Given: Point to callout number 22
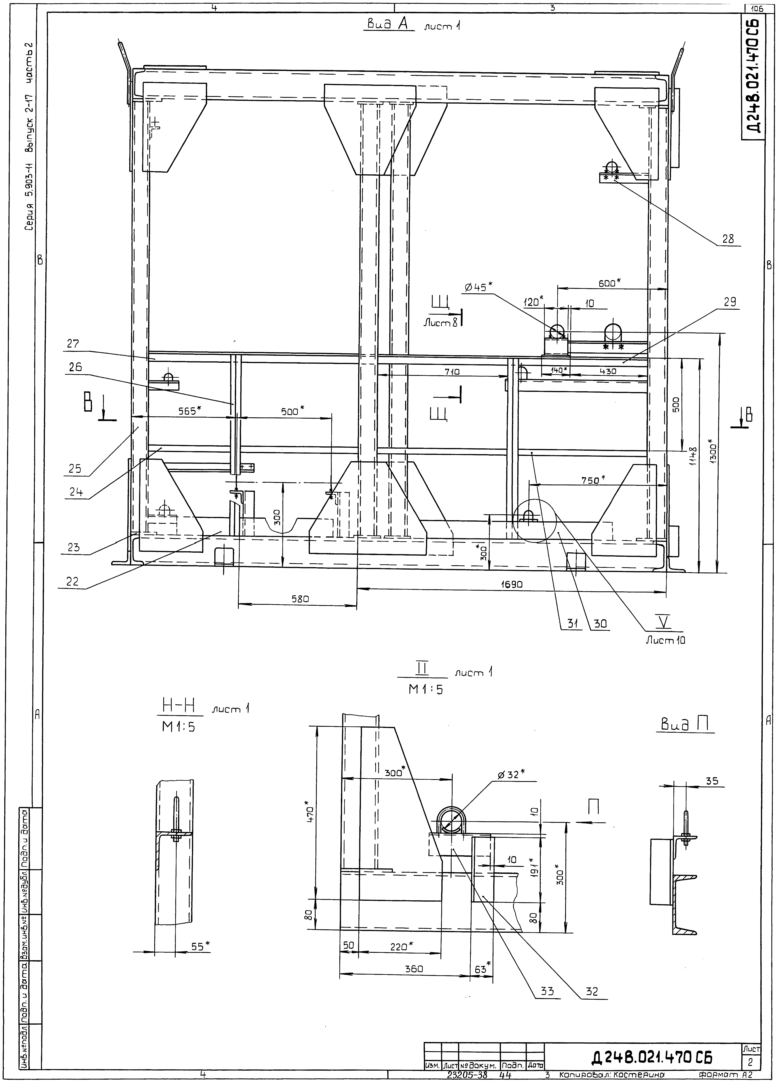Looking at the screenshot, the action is coord(72,582).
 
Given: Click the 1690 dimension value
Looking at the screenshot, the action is coord(512,584).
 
